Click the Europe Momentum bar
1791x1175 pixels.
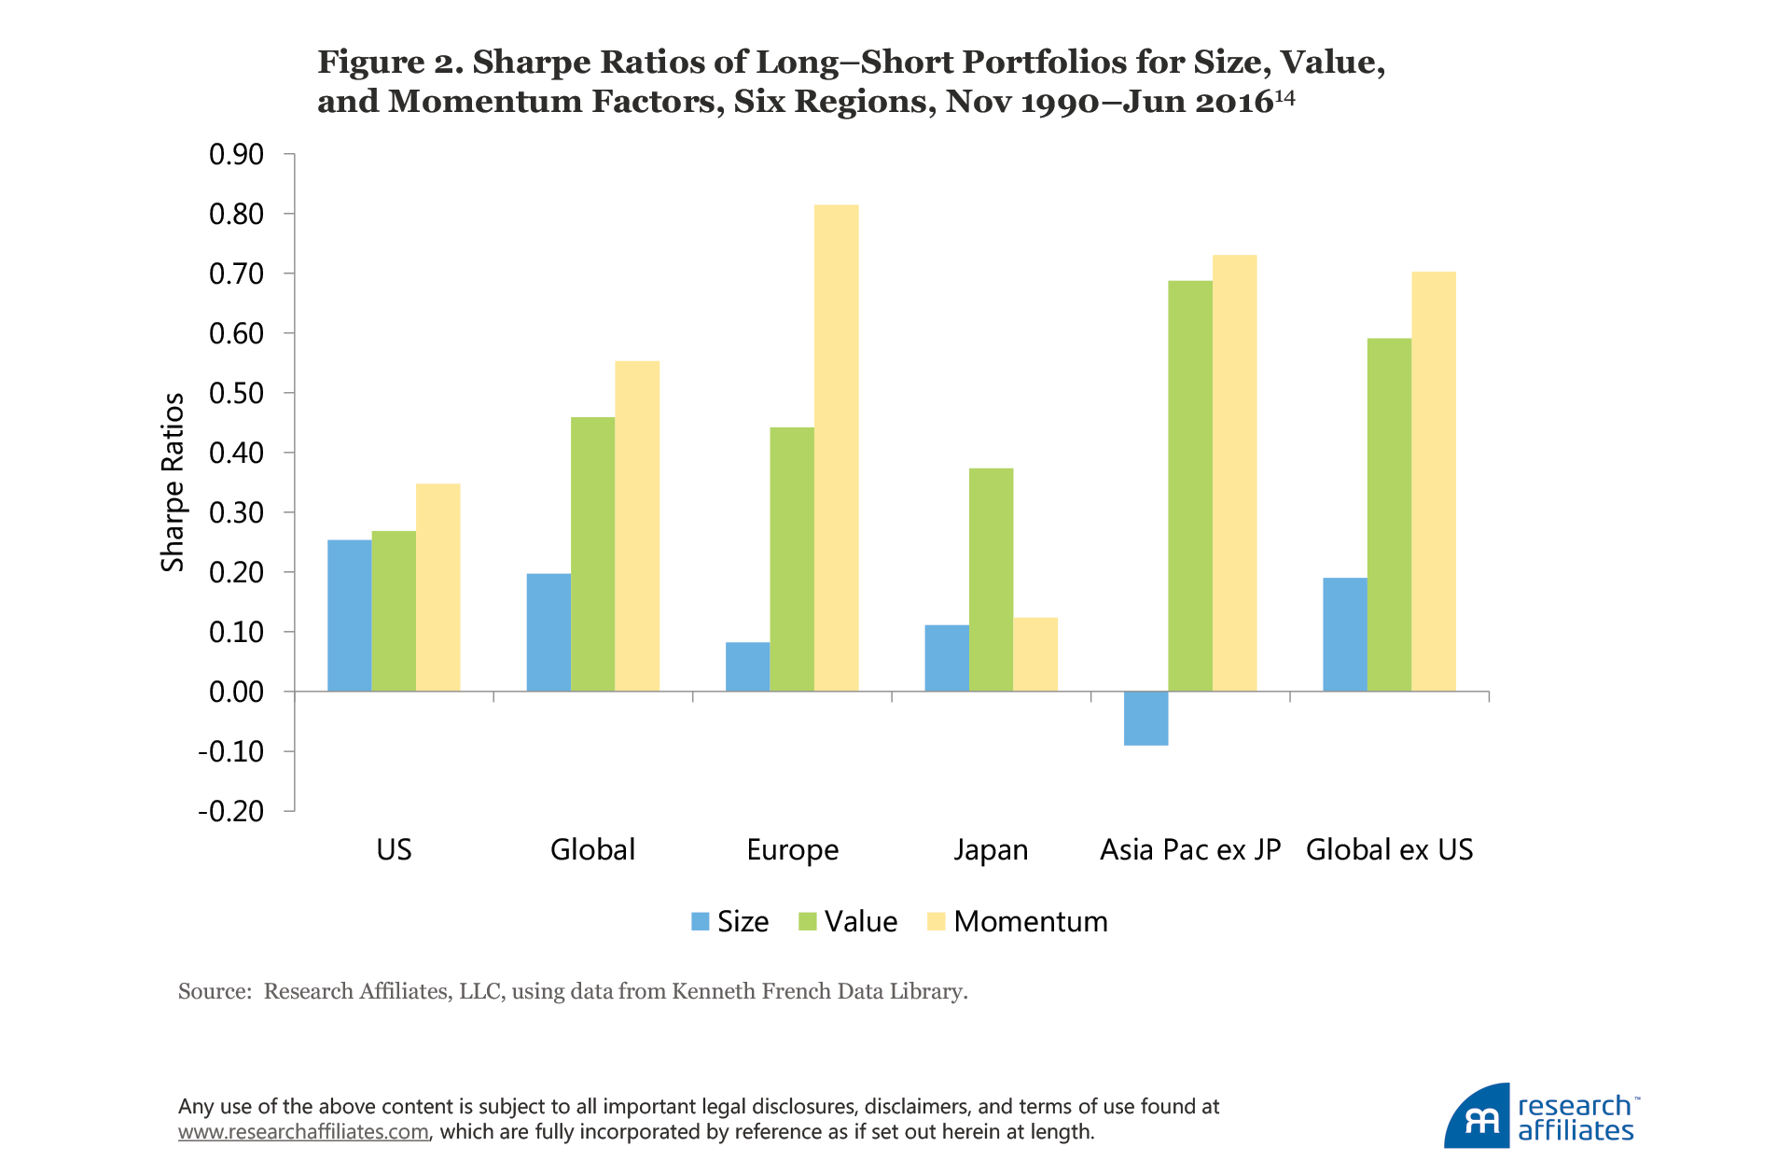[x=836, y=448]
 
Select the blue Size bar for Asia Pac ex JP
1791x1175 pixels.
[x=1145, y=718]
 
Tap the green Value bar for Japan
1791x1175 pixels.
[x=991, y=580]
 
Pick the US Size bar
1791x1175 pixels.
[x=349, y=616]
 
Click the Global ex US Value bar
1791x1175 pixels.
[x=1389, y=514]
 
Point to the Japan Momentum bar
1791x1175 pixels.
[x=1035, y=654]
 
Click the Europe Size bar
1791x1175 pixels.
[x=747, y=666]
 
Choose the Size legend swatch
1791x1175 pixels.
[x=700, y=921]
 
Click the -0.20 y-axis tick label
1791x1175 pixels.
[x=230, y=811]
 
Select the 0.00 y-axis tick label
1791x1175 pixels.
[x=236, y=692]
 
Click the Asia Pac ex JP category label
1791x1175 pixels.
[x=1190, y=849]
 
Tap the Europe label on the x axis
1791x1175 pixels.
[x=792, y=849]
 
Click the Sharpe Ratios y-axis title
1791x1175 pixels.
[x=173, y=482]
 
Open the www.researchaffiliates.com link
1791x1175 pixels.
[x=303, y=1132]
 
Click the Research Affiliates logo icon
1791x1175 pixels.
[x=1478, y=1117]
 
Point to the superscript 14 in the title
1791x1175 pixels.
[x=1285, y=96]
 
